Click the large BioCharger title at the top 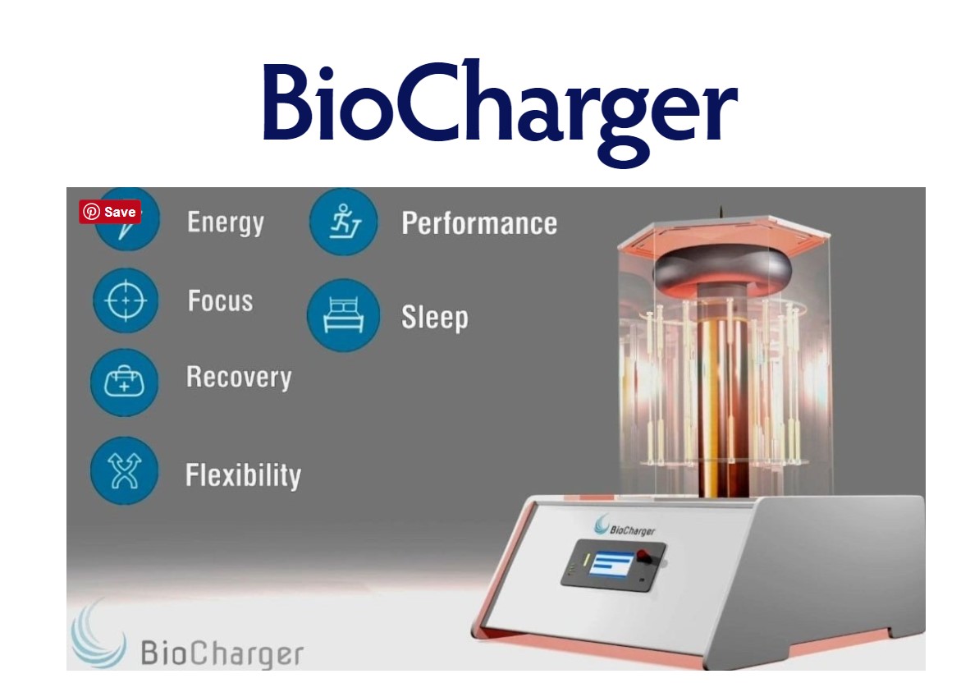pyautogui.click(x=500, y=110)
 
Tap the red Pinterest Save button pyautogui.click(x=110, y=212)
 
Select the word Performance pyautogui.click(x=479, y=223)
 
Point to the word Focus pyautogui.click(x=220, y=301)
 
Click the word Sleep pyautogui.click(x=434, y=319)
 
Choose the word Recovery pyautogui.click(x=239, y=378)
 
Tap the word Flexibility pyautogui.click(x=243, y=476)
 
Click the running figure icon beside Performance pyautogui.click(x=344, y=222)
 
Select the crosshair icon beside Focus pyautogui.click(x=126, y=300)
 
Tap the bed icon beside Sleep pyautogui.click(x=343, y=315)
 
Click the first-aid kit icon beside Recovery pyautogui.click(x=125, y=383)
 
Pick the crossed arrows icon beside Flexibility pyautogui.click(x=125, y=471)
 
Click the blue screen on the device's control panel pyautogui.click(x=611, y=564)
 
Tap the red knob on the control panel pyautogui.click(x=644, y=557)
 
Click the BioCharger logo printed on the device pyautogui.click(x=625, y=527)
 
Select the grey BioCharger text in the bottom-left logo pyautogui.click(x=222, y=653)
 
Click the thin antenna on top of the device pyautogui.click(x=721, y=212)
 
